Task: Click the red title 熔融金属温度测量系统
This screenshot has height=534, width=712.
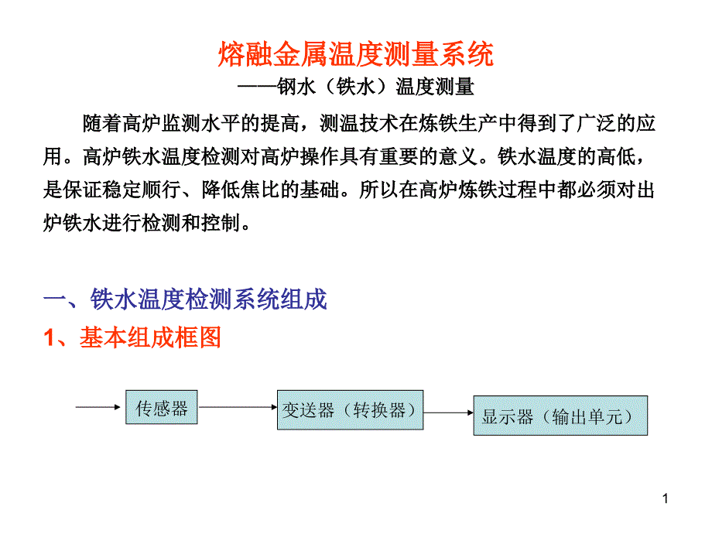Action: (x=355, y=54)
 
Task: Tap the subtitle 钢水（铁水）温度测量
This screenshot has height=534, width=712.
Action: (x=376, y=87)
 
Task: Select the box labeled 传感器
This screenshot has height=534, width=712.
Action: (x=162, y=407)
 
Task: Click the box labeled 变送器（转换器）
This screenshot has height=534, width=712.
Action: (x=350, y=410)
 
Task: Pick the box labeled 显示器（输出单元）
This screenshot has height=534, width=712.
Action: (x=560, y=416)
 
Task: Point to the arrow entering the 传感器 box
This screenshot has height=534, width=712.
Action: (x=98, y=407)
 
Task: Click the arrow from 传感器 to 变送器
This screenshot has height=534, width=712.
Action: (x=238, y=407)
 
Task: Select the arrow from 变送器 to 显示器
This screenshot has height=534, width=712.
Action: (x=449, y=412)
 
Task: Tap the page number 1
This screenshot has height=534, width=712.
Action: (x=666, y=498)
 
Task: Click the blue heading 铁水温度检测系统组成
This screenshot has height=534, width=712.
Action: (x=208, y=299)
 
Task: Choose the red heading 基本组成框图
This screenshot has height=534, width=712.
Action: (x=150, y=337)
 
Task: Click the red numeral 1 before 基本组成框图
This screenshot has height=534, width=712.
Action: (x=49, y=338)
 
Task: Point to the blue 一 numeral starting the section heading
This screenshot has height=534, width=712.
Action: (x=54, y=299)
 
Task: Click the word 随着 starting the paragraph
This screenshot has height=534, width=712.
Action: (x=102, y=124)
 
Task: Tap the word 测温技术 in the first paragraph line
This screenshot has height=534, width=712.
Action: (x=359, y=124)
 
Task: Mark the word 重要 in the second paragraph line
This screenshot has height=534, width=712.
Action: (x=399, y=156)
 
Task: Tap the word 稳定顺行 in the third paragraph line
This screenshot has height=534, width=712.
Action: (x=142, y=190)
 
